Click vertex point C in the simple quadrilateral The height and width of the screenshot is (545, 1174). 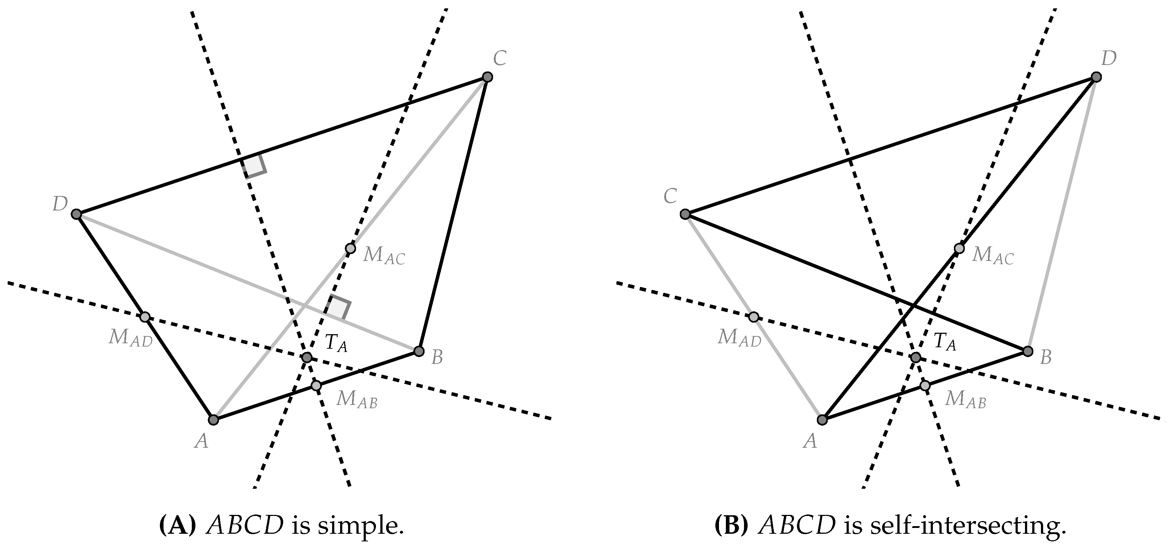coord(487,77)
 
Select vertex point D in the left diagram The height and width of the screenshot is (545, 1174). coord(77,214)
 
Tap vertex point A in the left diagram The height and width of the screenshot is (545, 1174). coord(213,419)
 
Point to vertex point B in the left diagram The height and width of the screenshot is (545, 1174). coord(419,351)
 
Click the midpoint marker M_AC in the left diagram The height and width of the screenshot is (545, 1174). coord(350,249)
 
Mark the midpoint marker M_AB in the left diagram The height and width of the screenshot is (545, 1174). coord(316,386)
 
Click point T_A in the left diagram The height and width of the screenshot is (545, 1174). coord(307,357)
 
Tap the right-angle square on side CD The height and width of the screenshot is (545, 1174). coord(254,166)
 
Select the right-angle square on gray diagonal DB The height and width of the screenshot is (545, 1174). coord(338,309)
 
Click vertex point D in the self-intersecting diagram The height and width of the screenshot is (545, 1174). coord(1096,77)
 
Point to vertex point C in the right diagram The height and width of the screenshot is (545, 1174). coord(685,214)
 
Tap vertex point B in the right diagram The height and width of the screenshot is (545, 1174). coord(1028,351)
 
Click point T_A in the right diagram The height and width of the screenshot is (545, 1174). coord(915,357)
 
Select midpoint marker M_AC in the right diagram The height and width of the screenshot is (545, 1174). coord(959,249)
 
